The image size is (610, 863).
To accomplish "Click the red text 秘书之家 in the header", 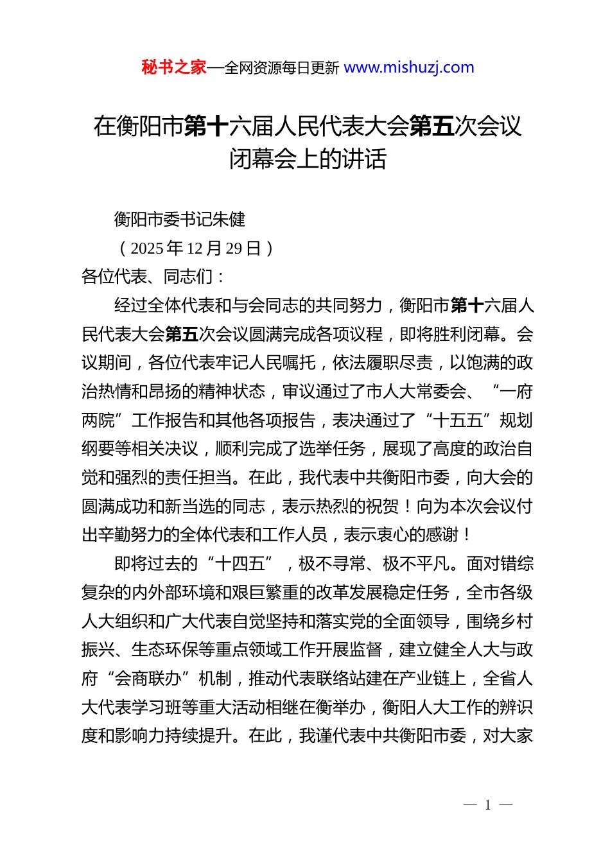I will pyautogui.click(x=173, y=67).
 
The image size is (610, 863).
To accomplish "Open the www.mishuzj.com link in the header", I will pyautogui.click(x=409, y=67).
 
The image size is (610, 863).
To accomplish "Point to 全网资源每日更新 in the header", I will pyautogui.click(x=282, y=68).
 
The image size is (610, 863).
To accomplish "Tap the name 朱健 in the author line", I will pyautogui.click(x=229, y=220).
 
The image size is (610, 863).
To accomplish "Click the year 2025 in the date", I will pyautogui.click(x=146, y=248).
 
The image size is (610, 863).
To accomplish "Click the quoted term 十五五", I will pyautogui.click(x=458, y=421).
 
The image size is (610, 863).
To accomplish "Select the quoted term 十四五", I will pyautogui.click(x=240, y=564).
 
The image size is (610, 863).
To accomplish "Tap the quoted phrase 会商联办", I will pyautogui.click(x=148, y=679).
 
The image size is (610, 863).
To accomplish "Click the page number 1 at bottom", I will pyautogui.click(x=488, y=805).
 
